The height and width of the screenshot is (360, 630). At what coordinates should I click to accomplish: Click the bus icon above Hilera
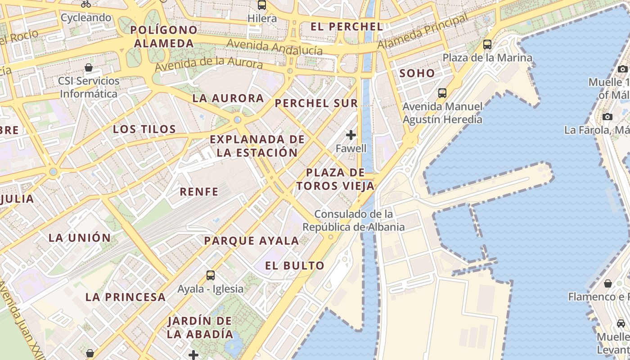pyautogui.click(x=262, y=5)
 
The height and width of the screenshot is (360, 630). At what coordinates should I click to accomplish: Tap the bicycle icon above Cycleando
pyautogui.click(x=86, y=4)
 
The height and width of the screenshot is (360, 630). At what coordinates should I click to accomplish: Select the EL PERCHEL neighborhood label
pyautogui.click(x=346, y=27)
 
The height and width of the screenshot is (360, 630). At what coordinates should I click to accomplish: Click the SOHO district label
pyautogui.click(x=417, y=73)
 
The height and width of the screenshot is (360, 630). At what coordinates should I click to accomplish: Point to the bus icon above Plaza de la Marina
pyautogui.click(x=487, y=45)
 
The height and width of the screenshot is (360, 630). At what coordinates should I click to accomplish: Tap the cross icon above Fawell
pyautogui.click(x=351, y=135)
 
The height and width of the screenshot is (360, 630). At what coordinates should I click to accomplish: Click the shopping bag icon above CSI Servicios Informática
pyautogui.click(x=89, y=68)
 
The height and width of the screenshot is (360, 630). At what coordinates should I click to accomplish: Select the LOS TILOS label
pyautogui.click(x=144, y=129)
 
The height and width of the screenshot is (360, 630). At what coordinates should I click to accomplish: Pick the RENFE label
pyautogui.click(x=199, y=192)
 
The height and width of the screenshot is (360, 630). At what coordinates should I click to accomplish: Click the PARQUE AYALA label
pyautogui.click(x=252, y=241)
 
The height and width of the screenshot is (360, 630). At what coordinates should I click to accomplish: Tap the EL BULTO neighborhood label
pyautogui.click(x=295, y=265)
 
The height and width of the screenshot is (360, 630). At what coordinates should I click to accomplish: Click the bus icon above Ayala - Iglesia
pyautogui.click(x=210, y=275)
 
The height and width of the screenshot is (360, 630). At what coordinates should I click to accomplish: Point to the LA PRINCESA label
pyautogui.click(x=126, y=297)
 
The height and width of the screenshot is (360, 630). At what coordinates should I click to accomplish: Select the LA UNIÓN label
pyautogui.click(x=80, y=238)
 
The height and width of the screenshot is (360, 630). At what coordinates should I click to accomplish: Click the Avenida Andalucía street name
pyautogui.click(x=274, y=47)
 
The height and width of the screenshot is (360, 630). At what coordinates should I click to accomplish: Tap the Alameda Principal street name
pyautogui.click(x=422, y=32)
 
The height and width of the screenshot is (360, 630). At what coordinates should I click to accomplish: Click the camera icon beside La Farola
pyautogui.click(x=607, y=117)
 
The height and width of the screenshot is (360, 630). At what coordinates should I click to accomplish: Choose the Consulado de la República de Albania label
pyautogui.click(x=353, y=220)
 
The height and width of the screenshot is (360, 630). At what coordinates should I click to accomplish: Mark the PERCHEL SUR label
pyautogui.click(x=316, y=103)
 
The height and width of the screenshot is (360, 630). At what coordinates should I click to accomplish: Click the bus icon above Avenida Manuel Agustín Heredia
pyautogui.click(x=442, y=93)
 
